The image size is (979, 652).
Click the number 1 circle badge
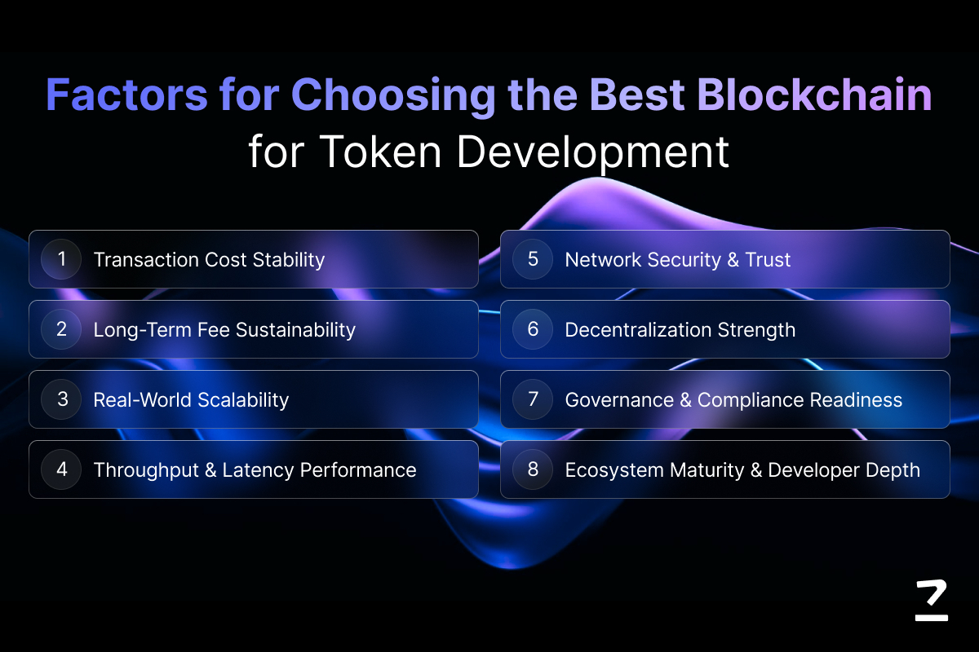coord(61,259)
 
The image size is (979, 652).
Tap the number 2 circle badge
coord(61,329)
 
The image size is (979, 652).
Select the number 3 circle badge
coord(61,399)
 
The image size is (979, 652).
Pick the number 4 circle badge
coord(61,469)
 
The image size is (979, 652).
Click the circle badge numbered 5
coord(533,259)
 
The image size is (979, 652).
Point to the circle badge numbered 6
coord(533,329)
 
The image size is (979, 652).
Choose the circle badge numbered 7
coord(533,399)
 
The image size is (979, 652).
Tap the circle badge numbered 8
coord(533,469)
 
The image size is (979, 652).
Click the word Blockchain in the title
coord(814,95)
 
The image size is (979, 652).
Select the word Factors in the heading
coord(126,95)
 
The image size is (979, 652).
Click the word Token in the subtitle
coord(380,151)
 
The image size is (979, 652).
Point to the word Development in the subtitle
coord(592,152)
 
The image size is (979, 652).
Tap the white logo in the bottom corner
coord(932,600)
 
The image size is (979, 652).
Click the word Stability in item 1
coord(289,260)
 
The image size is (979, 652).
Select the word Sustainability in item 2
coord(295,330)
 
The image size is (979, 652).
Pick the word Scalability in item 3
coord(243,400)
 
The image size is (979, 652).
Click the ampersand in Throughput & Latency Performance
coord(210,470)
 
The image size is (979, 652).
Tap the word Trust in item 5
coord(768,260)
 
